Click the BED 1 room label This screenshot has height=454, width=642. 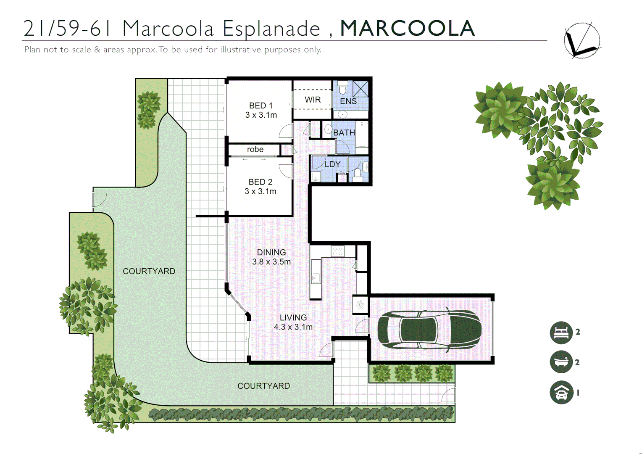pyautogui.click(x=260, y=106)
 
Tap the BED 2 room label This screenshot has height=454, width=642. pyautogui.click(x=260, y=182)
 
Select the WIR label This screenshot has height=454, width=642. pyautogui.click(x=313, y=100)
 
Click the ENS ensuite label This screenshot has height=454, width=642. pyautogui.click(x=348, y=101)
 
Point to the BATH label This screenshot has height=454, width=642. pyautogui.click(x=344, y=132)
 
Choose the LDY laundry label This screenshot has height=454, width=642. pyautogui.click(x=332, y=164)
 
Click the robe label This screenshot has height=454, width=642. pyautogui.click(x=255, y=150)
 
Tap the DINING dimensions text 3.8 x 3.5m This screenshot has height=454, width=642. pyautogui.click(x=271, y=262)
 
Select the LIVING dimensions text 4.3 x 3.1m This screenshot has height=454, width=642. pyautogui.click(x=293, y=327)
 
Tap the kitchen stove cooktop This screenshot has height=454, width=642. pyautogui.click(x=338, y=251)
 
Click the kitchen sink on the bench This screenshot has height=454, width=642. pyautogui.click(x=316, y=277)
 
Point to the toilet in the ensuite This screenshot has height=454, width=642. pyautogui.click(x=342, y=88)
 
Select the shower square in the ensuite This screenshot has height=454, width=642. pyautogui.click(x=360, y=89)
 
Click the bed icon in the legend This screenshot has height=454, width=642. pyautogui.click(x=561, y=333)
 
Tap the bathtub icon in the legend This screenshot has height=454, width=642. pyautogui.click(x=561, y=362)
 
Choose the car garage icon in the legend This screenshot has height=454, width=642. pyautogui.click(x=561, y=393)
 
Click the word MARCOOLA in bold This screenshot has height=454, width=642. pyautogui.click(x=407, y=29)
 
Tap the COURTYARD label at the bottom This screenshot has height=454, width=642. pyautogui.click(x=263, y=386)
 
